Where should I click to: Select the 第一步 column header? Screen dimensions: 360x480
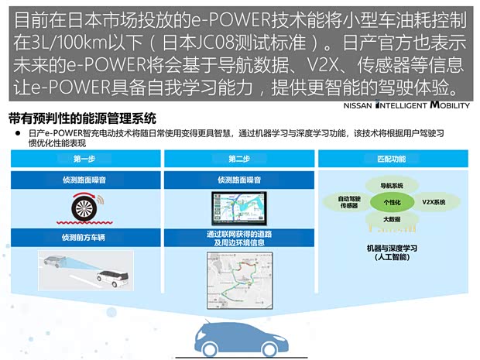pyautogui.click(x=84, y=159)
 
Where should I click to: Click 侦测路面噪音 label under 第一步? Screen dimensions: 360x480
pyautogui.click(x=84, y=179)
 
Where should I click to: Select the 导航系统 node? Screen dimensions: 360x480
pyautogui.click(x=392, y=186)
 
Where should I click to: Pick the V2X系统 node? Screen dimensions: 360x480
pyautogui.click(x=433, y=201)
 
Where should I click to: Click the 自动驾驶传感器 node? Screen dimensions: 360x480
pyautogui.click(x=348, y=202)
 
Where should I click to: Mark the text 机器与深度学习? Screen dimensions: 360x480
pyautogui.click(x=391, y=248)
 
